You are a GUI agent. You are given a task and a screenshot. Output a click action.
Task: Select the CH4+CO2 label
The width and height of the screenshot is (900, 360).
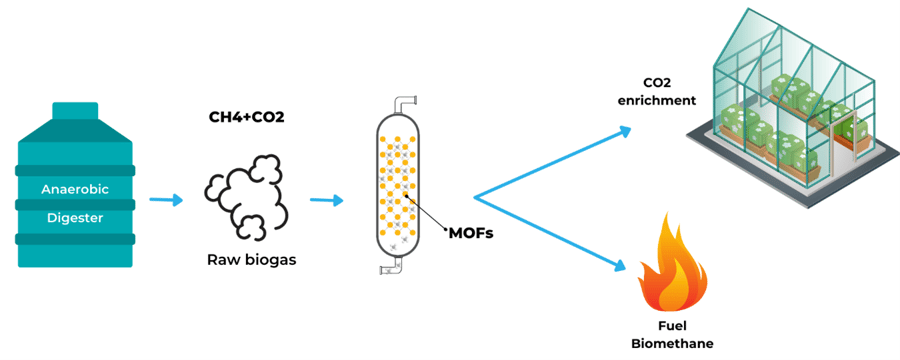[x=246, y=118]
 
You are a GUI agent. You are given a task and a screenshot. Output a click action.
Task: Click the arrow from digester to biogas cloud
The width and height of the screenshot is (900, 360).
[x=166, y=200]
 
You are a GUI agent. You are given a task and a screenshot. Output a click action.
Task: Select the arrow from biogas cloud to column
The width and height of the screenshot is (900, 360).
[x=326, y=201]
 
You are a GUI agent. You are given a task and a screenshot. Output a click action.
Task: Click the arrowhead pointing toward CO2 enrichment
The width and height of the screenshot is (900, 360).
[x=624, y=131]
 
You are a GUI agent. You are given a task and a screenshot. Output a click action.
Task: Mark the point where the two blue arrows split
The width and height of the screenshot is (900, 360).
[x=475, y=195]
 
